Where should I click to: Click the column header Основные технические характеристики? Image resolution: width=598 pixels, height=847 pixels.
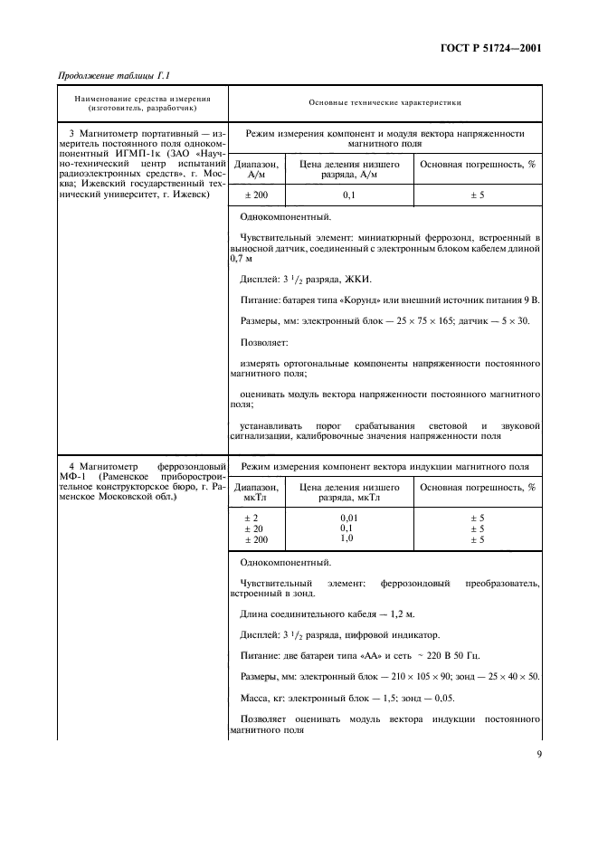384,102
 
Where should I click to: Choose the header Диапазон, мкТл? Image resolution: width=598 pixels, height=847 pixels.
257,491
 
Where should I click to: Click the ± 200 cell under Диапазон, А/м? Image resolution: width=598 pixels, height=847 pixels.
257,195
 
